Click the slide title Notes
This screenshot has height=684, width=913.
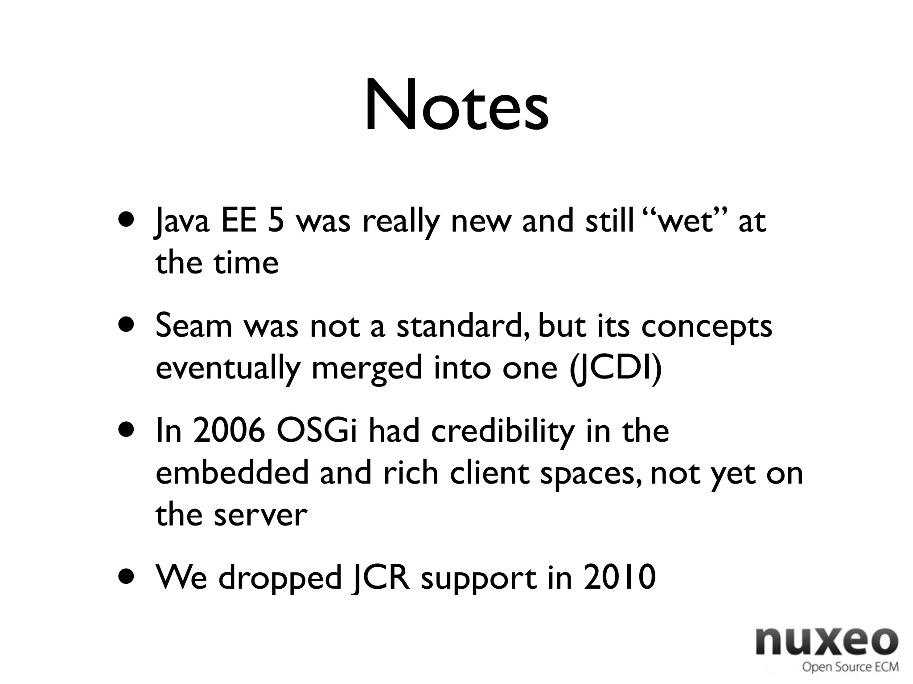pos(456,107)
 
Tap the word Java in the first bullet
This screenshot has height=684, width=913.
pos(182,221)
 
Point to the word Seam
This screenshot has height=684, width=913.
pos(194,326)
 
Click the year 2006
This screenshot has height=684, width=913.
pos(229,431)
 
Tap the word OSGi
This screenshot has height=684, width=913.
pos(317,431)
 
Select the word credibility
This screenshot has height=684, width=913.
pos(502,431)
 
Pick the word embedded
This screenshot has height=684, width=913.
pos(232,473)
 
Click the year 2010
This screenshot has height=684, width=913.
pos(620,578)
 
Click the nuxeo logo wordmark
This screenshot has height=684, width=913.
pos(827,642)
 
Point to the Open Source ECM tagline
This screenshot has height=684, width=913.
pos(850,667)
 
